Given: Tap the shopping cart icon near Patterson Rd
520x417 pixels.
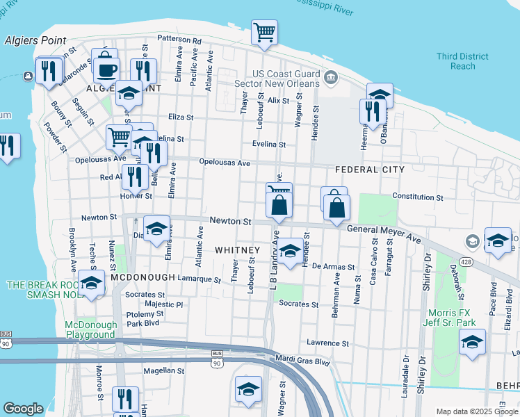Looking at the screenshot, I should tap(264, 33).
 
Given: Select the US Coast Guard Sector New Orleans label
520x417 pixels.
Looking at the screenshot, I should tap(286, 80).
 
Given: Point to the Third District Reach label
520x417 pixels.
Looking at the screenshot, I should tap(457, 61).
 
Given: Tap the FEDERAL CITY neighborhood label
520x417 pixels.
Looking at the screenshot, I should tap(369, 170).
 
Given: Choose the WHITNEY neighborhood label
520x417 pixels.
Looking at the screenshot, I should tap(237, 250).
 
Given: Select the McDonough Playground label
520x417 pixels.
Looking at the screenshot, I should tap(90, 329).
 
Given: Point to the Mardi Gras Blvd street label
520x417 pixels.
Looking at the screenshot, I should tap(302, 361).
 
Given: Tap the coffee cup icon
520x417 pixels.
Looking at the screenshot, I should tap(107, 70).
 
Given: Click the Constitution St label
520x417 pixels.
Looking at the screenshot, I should tap(417, 197).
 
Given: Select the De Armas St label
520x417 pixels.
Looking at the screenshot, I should tap(333, 266).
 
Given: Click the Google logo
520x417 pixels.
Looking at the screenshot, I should tap(24, 409).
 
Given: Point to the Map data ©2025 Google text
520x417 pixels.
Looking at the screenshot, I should tap(477, 411).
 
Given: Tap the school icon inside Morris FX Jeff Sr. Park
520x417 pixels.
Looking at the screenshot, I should tap(472, 342).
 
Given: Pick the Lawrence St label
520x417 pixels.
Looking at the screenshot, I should tap(327, 343).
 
